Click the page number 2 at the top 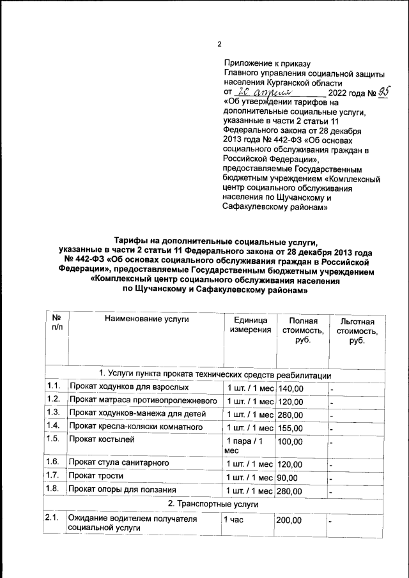pos(219,44)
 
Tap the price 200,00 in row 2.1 pos(289,521)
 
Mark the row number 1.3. pos(54,414)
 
